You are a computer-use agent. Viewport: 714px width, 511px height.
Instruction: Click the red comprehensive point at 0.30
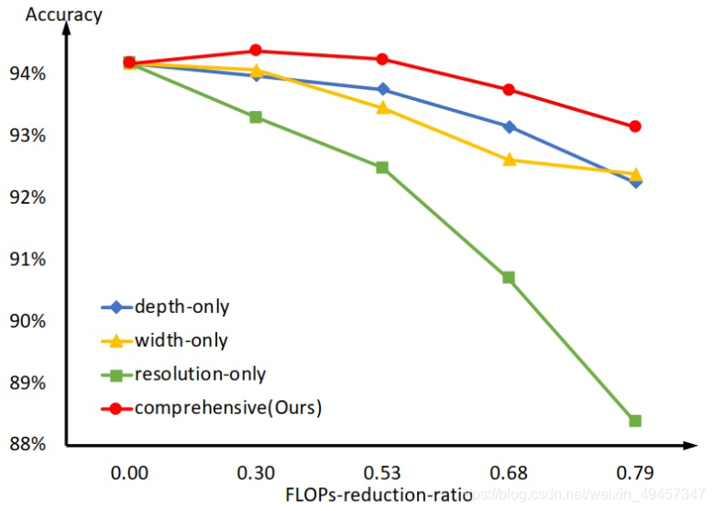point(256,50)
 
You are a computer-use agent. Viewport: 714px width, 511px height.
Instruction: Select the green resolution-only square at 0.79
point(635,420)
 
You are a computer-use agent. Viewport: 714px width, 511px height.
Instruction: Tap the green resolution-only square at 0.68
point(509,277)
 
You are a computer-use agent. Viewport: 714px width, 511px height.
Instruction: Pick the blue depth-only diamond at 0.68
point(509,127)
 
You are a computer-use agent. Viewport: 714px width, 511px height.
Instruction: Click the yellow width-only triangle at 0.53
point(382,107)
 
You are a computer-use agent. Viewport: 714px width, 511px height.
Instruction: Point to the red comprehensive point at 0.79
point(635,127)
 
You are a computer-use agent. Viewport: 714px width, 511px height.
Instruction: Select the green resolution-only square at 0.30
point(256,117)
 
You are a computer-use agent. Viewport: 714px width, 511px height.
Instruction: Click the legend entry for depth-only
point(181,306)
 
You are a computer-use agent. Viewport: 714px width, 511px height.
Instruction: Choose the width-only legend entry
point(181,340)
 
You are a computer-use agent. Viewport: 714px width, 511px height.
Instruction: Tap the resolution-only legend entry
point(200,374)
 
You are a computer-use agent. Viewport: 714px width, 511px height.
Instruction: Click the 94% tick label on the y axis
point(38,73)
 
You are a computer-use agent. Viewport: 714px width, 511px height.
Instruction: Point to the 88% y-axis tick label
point(38,445)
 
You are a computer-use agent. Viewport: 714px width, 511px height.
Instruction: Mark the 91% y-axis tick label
point(38,260)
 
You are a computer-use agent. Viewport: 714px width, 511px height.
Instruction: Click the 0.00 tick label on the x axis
point(129,473)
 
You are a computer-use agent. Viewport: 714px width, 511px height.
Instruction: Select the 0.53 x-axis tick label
point(382,473)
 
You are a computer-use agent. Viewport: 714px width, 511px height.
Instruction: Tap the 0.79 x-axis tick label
point(635,473)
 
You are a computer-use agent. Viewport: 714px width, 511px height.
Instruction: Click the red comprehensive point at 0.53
point(382,60)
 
